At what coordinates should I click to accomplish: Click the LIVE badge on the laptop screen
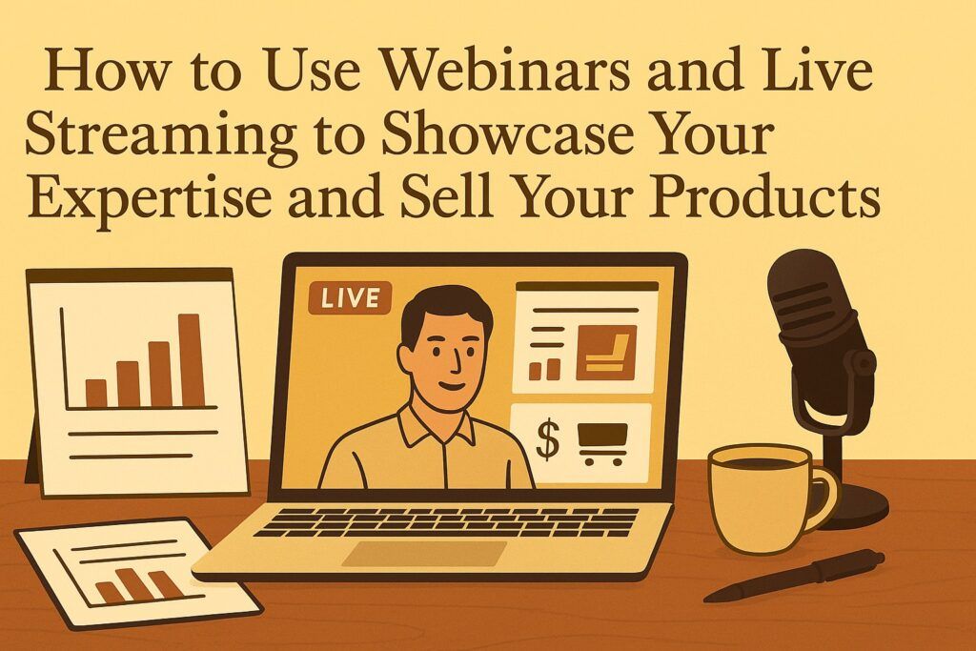pyautogui.click(x=350, y=298)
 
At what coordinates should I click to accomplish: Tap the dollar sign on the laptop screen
pyautogui.click(x=547, y=439)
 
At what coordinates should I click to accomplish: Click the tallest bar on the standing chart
pyautogui.click(x=191, y=360)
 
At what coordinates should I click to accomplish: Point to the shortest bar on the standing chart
pyautogui.click(x=96, y=393)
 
